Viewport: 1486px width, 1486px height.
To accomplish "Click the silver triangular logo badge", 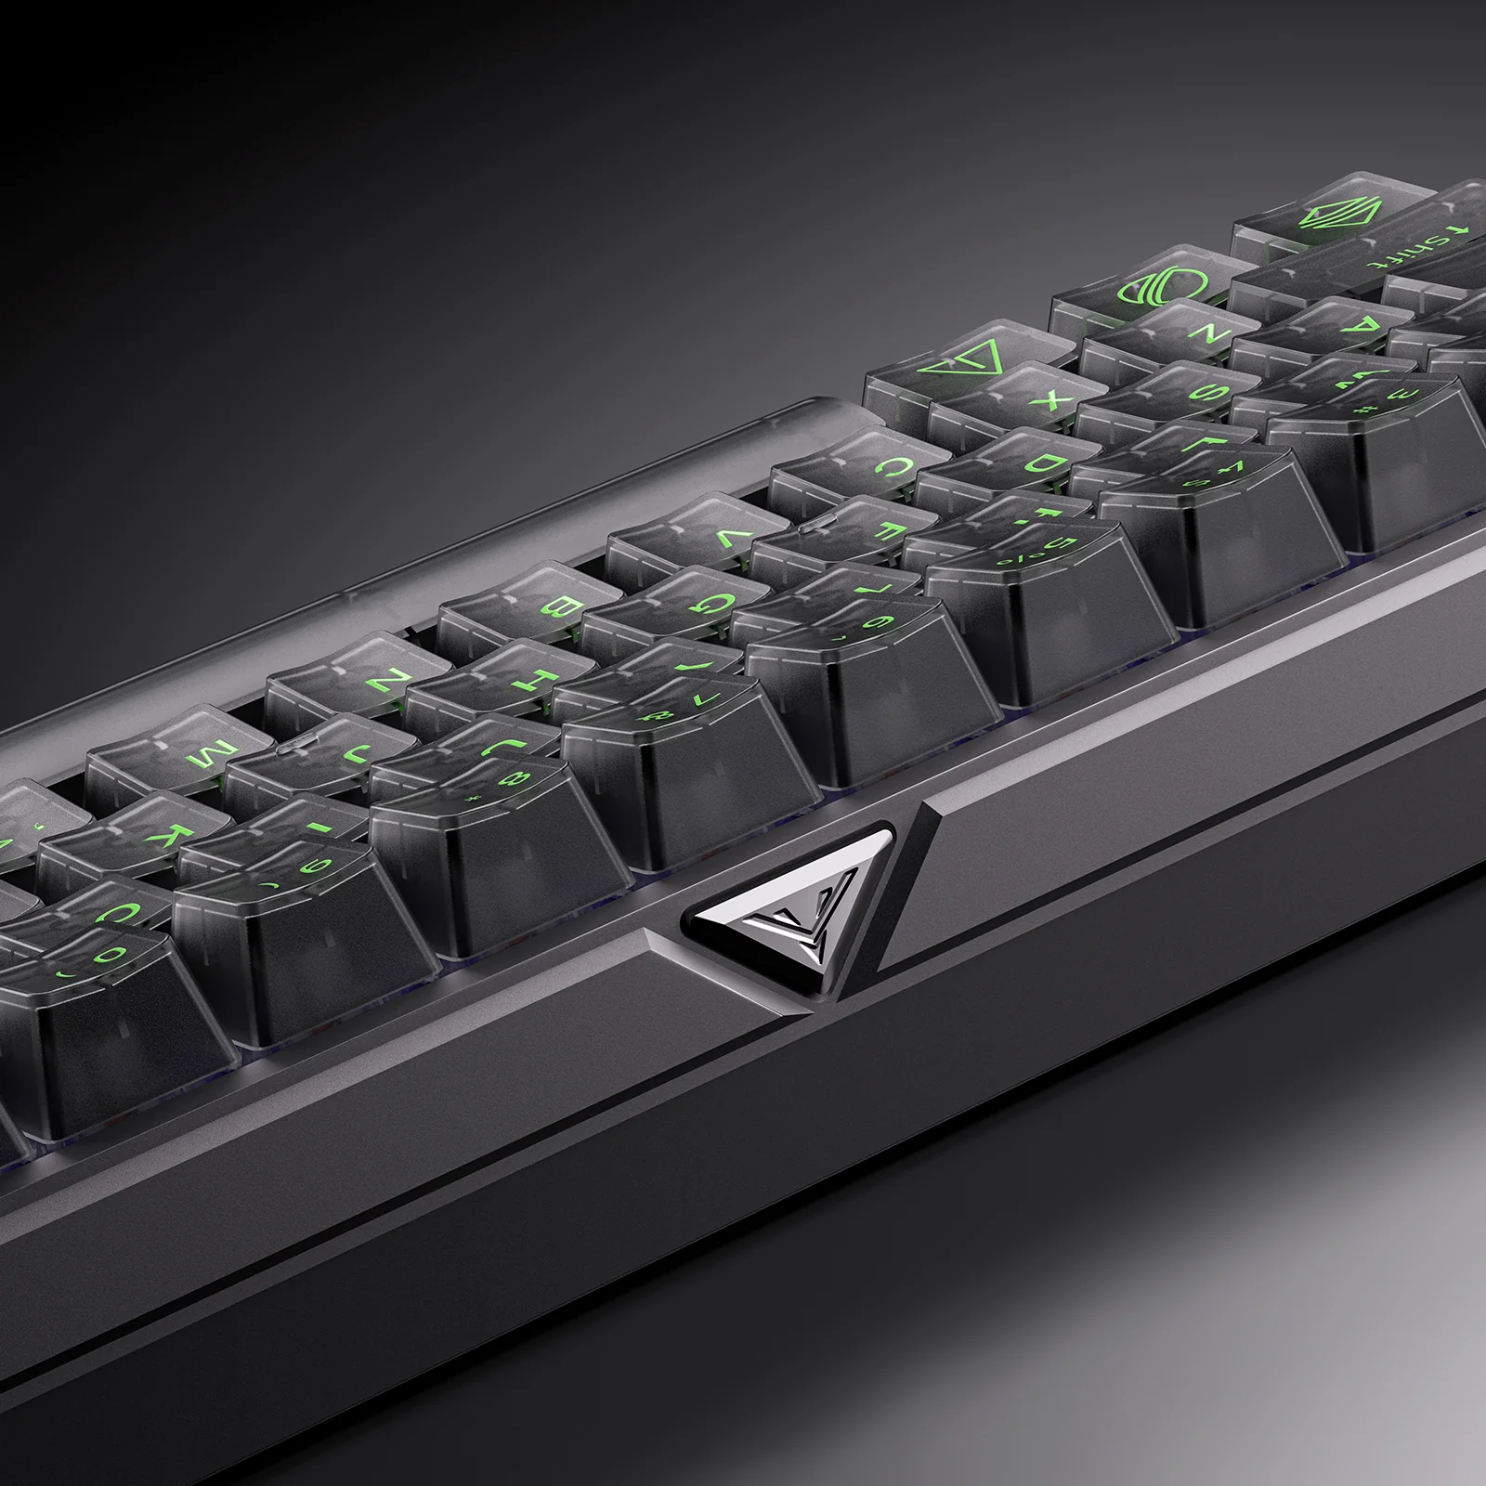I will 788,920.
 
